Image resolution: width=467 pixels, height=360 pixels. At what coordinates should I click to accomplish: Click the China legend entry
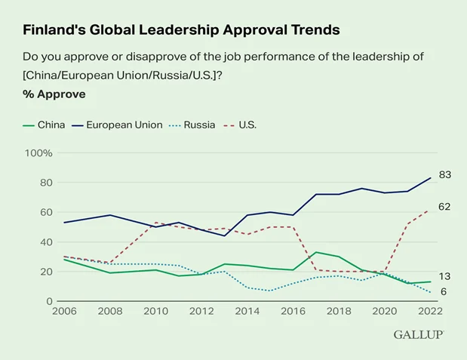coord(44,125)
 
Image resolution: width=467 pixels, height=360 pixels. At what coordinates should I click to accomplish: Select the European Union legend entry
coord(117,125)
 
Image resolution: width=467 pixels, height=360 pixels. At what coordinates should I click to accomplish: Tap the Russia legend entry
coord(192,125)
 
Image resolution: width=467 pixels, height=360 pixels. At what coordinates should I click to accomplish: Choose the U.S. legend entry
coord(240,125)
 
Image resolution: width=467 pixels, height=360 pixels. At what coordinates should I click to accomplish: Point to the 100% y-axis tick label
coord(38,153)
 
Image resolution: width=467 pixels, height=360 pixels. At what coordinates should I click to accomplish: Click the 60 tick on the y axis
coord(46,212)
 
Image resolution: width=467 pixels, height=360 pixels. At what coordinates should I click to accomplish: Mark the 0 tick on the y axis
coord(49,301)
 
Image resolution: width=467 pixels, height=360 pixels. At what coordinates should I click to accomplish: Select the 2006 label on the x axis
coord(64,311)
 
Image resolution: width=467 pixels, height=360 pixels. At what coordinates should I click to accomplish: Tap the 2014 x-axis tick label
coord(247,311)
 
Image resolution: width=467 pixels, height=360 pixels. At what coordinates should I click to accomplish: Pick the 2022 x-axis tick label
coord(430,311)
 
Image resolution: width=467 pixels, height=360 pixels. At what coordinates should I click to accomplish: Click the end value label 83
coord(445,174)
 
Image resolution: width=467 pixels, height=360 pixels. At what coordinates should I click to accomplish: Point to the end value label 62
coord(444,207)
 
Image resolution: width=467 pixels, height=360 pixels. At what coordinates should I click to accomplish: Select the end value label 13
coord(444,276)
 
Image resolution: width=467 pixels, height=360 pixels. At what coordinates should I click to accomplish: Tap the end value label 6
coord(444,291)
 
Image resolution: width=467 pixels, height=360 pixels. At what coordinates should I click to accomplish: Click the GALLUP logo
coord(419,334)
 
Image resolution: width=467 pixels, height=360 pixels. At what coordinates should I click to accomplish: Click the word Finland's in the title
coord(54,29)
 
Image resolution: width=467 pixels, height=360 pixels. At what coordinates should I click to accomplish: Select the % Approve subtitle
coord(54,94)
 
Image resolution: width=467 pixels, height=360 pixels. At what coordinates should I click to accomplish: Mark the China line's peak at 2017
coord(316,252)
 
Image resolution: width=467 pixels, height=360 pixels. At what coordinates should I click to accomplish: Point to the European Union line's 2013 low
coord(224,235)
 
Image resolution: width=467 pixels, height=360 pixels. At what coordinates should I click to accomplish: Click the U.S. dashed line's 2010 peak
coord(155,223)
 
